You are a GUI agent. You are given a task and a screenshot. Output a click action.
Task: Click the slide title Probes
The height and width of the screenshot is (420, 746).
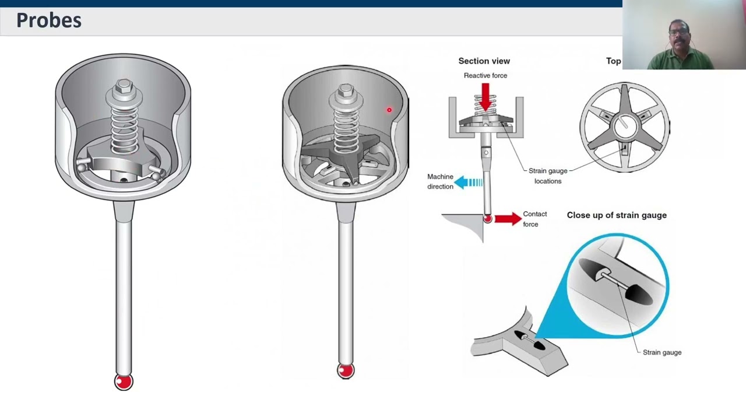(49, 20)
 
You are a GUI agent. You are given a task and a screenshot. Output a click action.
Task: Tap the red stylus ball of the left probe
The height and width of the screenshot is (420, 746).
(124, 381)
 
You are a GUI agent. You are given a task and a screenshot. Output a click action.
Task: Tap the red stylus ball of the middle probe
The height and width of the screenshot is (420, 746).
(346, 370)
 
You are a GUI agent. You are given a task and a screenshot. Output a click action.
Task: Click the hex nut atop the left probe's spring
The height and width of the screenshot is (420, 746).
(124, 87)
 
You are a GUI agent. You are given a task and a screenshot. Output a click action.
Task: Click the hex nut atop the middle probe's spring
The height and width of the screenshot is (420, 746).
(346, 91)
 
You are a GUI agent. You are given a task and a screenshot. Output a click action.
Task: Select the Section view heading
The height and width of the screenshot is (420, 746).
(484, 61)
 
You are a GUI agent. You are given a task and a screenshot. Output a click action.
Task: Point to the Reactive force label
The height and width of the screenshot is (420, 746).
(485, 75)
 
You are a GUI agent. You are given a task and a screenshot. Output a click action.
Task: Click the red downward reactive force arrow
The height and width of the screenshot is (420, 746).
(485, 94)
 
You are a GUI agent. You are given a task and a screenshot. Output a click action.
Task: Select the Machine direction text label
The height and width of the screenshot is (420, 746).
(440, 181)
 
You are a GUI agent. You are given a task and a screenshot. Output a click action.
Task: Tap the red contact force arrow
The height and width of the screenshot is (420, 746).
(508, 219)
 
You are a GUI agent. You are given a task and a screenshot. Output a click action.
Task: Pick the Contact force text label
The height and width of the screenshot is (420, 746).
(534, 219)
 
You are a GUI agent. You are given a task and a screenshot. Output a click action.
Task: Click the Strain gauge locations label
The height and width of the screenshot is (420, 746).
(548, 176)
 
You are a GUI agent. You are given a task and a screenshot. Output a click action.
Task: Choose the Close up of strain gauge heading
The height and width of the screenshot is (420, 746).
(617, 215)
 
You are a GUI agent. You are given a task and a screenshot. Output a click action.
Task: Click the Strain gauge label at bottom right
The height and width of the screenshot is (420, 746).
(661, 352)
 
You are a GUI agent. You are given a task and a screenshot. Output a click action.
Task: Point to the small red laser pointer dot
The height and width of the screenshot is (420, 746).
(389, 110)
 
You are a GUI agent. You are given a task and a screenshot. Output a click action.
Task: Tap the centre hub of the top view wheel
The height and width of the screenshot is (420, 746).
(624, 124)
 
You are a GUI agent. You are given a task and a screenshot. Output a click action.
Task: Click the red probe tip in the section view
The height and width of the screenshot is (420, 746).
(487, 219)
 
